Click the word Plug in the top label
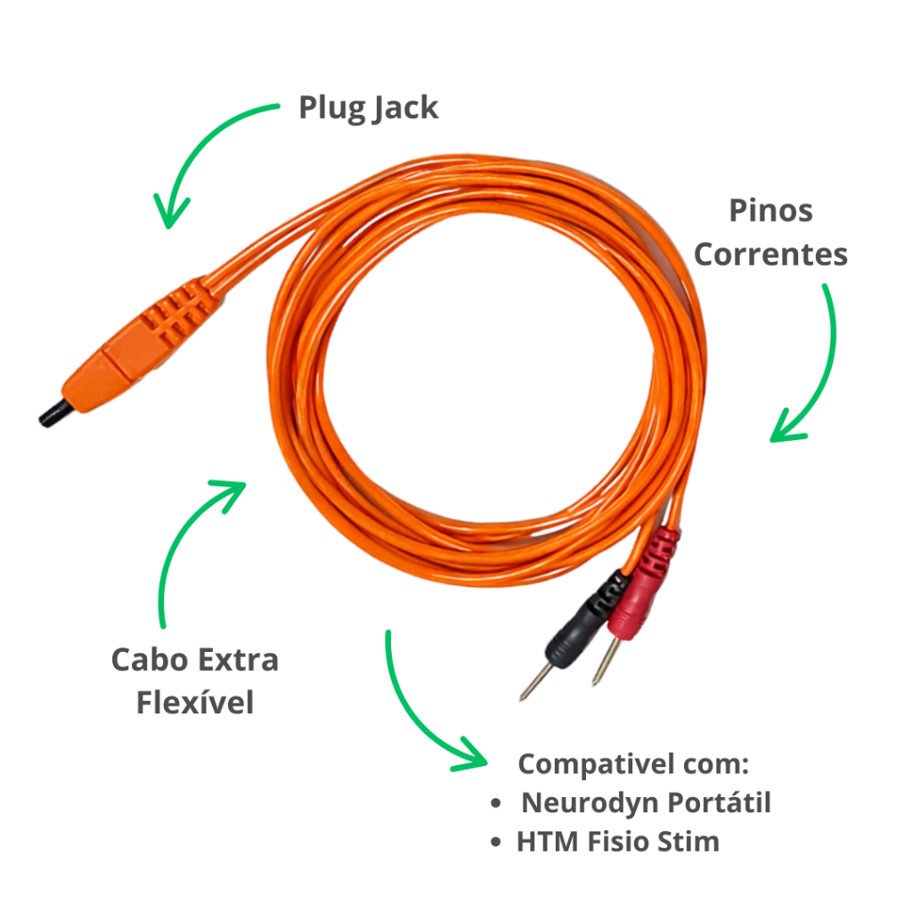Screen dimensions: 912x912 (330, 108)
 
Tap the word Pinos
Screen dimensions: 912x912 (770, 211)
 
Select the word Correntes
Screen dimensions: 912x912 (770, 254)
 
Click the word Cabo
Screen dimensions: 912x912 (149, 660)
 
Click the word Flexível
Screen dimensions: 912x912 (195, 702)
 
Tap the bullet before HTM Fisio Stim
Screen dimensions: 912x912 (496, 843)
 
